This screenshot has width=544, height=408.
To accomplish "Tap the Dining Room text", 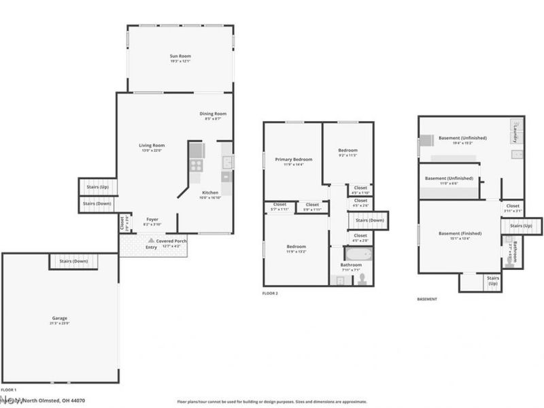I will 213,114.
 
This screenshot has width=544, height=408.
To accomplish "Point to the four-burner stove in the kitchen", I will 196,163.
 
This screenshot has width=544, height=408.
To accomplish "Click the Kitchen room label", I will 209,192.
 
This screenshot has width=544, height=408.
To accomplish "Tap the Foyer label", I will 152,219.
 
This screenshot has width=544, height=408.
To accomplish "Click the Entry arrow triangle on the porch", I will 151,240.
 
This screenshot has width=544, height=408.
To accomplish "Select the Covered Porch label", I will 172,241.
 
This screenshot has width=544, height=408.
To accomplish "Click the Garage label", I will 60,318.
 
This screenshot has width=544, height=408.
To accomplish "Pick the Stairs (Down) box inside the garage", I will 73,261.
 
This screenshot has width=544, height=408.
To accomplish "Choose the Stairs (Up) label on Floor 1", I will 98,187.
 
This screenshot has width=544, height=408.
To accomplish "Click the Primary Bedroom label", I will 293,160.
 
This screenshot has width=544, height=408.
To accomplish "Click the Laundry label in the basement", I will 517,131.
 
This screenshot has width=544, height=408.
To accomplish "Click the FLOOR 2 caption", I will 270,294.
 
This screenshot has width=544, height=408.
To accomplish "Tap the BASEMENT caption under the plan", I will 427,299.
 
